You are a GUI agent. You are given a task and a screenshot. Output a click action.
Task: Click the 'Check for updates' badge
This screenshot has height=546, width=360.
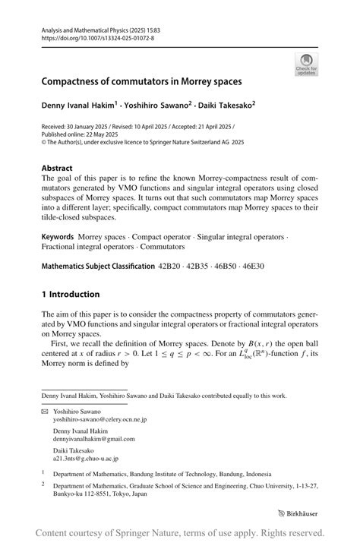(x=306, y=64)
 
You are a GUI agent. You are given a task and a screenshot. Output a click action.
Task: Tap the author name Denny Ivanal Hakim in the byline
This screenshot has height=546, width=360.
(x=78, y=104)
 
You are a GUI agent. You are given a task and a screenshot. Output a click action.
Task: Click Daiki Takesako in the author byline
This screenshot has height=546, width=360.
(x=222, y=104)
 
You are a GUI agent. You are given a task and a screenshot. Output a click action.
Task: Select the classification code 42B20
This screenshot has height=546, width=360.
(x=172, y=267)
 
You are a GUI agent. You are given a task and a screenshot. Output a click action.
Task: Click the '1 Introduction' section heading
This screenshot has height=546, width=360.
(x=71, y=295)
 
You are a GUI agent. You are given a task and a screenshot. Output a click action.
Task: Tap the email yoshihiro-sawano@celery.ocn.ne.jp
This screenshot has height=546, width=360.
(x=99, y=419)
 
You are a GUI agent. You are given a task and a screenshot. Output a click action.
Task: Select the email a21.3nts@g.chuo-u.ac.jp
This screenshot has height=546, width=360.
(x=85, y=459)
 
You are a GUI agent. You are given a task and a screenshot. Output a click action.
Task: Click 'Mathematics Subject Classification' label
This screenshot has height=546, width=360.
(x=97, y=267)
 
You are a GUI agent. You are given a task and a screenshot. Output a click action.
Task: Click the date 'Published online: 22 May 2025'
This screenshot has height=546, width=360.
(x=74, y=134)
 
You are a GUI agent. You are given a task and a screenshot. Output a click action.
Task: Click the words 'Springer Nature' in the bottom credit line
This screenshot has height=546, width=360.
(x=168, y=532)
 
